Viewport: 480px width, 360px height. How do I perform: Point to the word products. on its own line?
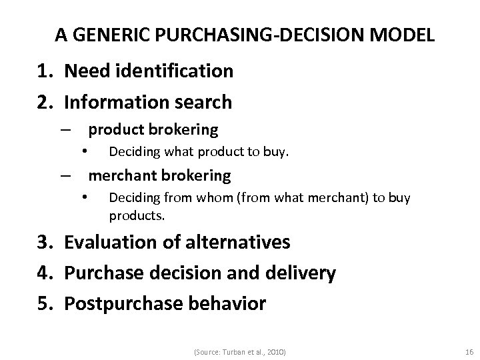click(137, 216)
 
